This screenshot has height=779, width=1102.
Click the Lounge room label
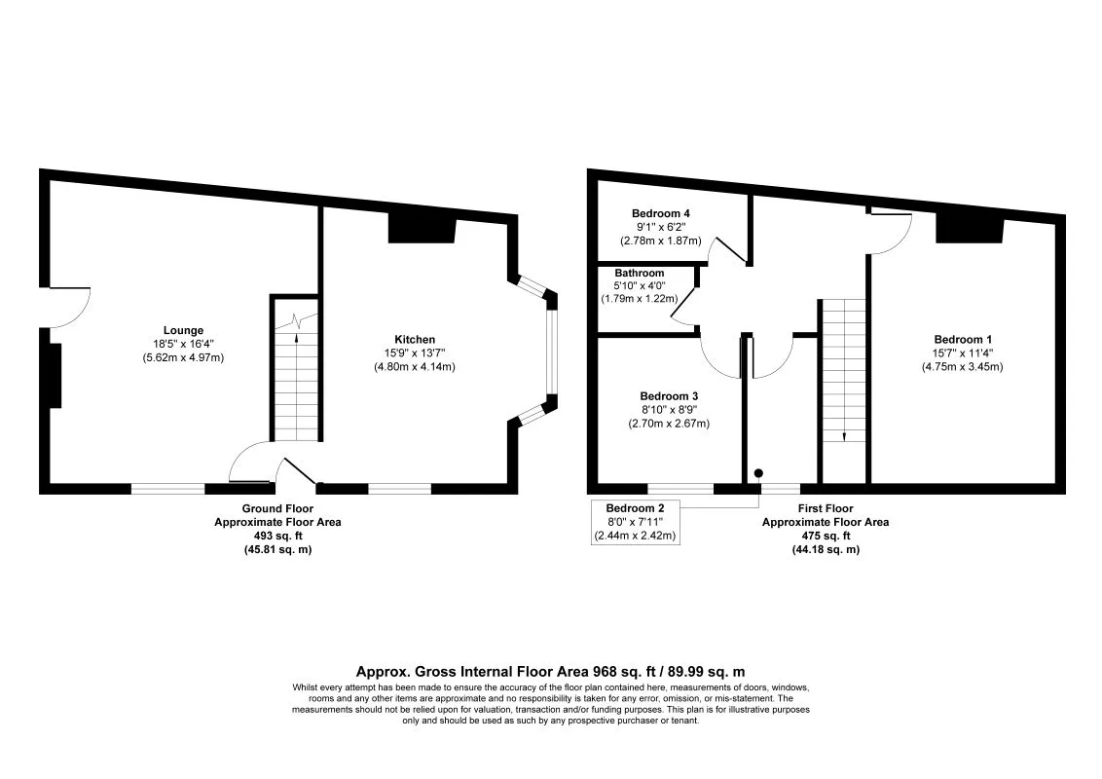tap(183, 329)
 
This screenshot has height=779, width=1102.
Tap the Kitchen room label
tap(415, 340)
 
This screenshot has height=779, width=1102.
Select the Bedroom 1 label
tap(962, 340)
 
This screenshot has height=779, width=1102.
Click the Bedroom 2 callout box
tap(635, 522)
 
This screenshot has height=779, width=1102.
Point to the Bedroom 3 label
tap(669, 396)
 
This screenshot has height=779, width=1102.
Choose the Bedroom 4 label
tap(661, 213)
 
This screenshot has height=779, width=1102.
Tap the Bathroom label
tap(640, 274)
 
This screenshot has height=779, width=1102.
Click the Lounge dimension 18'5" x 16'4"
tap(183, 344)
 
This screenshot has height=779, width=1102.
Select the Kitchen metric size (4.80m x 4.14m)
tap(415, 367)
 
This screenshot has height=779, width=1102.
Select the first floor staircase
tap(843, 370)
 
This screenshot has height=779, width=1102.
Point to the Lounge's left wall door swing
tap(68, 308)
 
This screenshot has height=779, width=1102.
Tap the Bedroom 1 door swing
tap(890, 232)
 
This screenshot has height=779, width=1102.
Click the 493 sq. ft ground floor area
tap(277, 536)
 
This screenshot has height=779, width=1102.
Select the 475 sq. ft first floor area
tap(826, 536)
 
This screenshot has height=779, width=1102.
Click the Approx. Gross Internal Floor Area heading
tap(551, 671)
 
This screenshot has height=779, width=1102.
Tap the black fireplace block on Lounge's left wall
tap(55, 375)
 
